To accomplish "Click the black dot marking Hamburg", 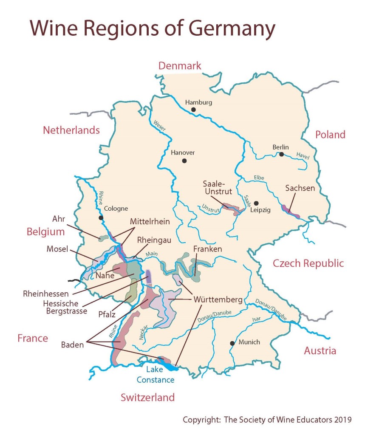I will (193, 110).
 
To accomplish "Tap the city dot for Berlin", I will (281, 154).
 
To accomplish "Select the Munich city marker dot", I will (232, 343).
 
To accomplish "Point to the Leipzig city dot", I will (256, 203).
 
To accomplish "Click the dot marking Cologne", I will (101, 218).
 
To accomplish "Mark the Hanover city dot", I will (184, 161).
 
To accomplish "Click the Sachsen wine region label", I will (300, 188).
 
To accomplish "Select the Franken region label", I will (207, 249).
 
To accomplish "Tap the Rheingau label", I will (154, 240).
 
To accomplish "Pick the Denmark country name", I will (180, 66).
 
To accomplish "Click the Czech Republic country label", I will (308, 263).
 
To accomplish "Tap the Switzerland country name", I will (147, 398).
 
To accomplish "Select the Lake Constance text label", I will (155, 375).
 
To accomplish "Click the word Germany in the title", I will (232, 28).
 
